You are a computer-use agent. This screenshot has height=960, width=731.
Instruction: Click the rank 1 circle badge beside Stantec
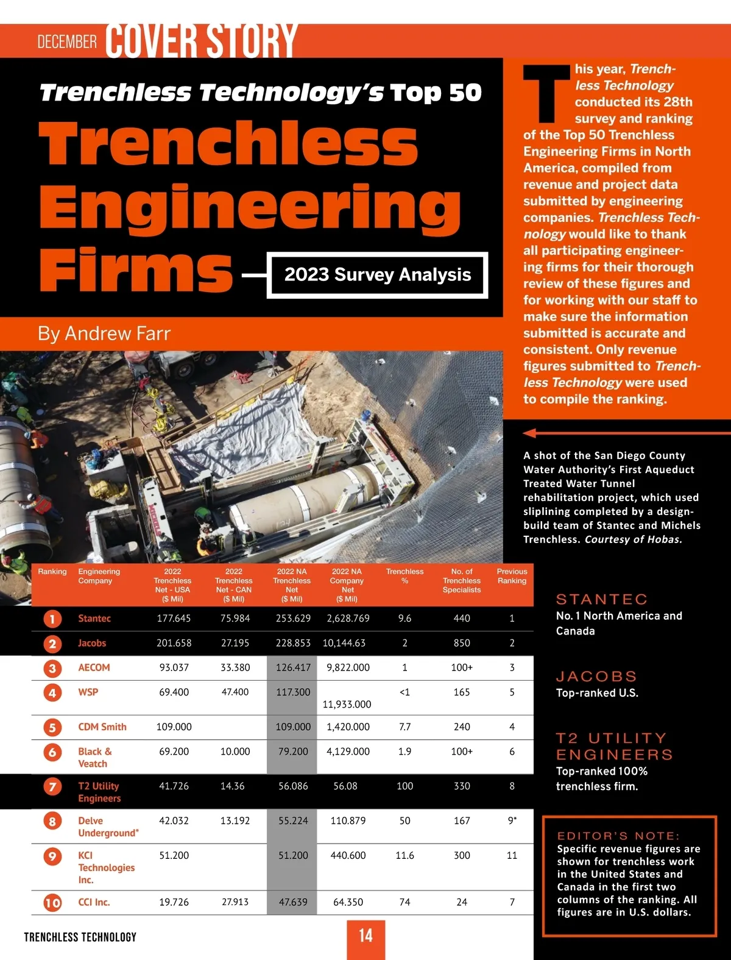pos(52,619)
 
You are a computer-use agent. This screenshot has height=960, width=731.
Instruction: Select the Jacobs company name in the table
pos(92,643)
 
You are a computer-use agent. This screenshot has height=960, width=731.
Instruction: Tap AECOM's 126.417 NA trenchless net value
pos(293,667)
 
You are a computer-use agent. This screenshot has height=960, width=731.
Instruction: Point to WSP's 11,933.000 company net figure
pos(347,705)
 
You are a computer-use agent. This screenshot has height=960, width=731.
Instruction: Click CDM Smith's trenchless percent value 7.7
pos(404,727)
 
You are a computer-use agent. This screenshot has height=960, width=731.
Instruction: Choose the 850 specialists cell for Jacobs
pos(462,643)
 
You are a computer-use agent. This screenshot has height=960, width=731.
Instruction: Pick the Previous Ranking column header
pos(512,576)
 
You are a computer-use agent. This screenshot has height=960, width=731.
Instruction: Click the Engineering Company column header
pos(99,576)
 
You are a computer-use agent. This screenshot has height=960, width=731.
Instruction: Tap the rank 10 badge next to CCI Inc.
pos(52,903)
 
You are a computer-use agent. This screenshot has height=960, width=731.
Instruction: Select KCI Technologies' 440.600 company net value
pos(348,856)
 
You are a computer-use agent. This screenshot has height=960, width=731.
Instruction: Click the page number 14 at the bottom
pos(365,936)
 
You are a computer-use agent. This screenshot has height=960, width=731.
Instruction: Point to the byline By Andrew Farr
pos(104,333)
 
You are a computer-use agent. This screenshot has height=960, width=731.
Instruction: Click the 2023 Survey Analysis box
pos(378,275)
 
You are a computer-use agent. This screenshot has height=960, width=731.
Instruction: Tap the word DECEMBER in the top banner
pos(67,41)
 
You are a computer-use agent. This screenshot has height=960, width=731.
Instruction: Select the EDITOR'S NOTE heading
pos(618,836)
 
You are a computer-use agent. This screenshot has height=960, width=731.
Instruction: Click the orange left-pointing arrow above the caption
pos(530,433)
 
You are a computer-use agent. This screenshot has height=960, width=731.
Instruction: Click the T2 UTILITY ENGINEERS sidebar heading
pos(614,746)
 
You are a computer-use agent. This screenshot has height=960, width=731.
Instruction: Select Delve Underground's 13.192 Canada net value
pos(235,821)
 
